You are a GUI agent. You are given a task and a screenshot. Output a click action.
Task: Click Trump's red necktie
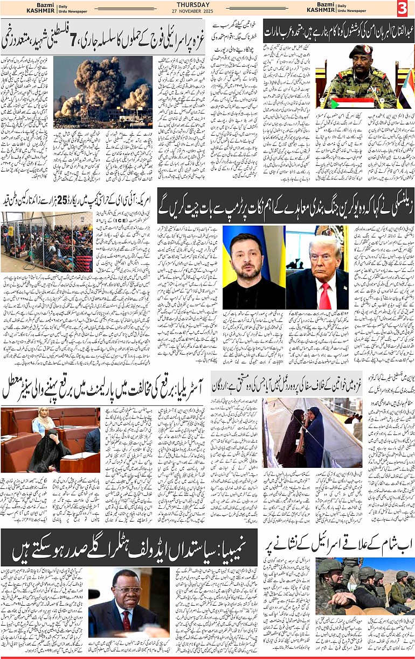click(324, 296)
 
